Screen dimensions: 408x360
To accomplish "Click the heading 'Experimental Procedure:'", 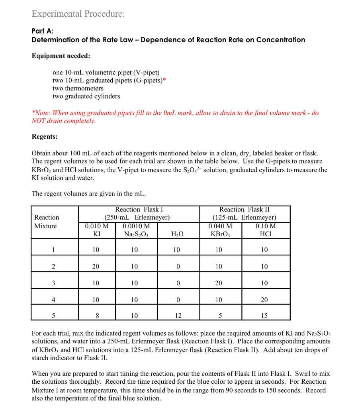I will pos(78,14).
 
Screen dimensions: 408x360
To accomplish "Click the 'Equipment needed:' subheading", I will pos(61,56).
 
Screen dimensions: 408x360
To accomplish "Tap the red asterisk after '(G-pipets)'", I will pos(164,80).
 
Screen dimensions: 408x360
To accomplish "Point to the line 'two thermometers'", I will pos(78,88).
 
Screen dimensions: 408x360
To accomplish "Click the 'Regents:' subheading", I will pos(45,137).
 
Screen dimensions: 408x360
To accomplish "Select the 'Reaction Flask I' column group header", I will pos(139,213).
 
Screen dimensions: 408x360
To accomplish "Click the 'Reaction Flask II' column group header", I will pos(245,213).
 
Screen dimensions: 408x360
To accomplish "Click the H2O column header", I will pos(177,234).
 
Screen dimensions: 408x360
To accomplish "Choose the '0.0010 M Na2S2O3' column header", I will pos(137,230).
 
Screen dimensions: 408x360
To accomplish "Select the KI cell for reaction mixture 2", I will pos(96,267).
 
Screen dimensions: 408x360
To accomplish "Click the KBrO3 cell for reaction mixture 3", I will pos(219,283).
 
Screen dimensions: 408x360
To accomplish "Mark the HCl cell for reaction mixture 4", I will pos(264,300).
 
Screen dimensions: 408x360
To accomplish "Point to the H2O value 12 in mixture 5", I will pos(178,316).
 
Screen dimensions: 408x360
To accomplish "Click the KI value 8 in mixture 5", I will pos(96,316).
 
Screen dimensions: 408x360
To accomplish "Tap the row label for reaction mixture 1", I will pos(53,250).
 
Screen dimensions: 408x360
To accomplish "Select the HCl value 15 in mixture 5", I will pos(264,316).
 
